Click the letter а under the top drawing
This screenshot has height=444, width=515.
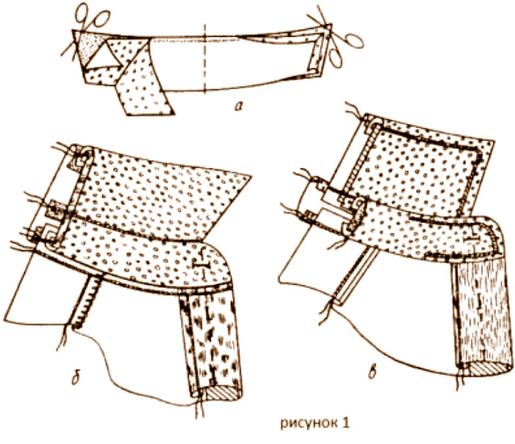click(238, 105)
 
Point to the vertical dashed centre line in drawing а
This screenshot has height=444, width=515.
click(204, 58)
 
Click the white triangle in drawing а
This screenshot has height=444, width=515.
click(104, 57)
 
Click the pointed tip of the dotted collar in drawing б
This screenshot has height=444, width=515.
click(250, 177)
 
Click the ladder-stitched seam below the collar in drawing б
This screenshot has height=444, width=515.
click(86, 302)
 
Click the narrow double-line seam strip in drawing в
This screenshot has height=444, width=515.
click(354, 275)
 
